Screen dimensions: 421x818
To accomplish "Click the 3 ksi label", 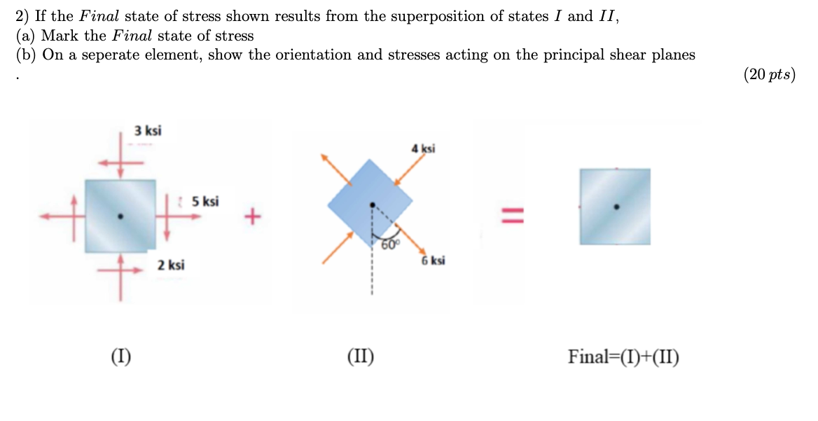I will [x=148, y=130].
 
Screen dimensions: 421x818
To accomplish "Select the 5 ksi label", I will [x=205, y=202].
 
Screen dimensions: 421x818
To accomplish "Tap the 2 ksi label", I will [x=171, y=265].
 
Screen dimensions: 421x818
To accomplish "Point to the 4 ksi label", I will [x=423, y=149].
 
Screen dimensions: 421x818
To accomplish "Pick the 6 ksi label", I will [x=433, y=261].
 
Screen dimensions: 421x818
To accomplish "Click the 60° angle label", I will [x=389, y=244].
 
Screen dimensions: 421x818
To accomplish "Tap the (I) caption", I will [x=121, y=357].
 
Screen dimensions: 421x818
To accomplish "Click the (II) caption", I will [x=361, y=357].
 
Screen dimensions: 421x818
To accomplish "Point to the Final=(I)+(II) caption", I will [x=623, y=357].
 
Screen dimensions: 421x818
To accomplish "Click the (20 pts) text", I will [x=769, y=76].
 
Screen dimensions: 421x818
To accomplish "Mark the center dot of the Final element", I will [x=616, y=207].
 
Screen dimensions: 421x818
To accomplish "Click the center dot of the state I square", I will [x=120, y=216].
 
